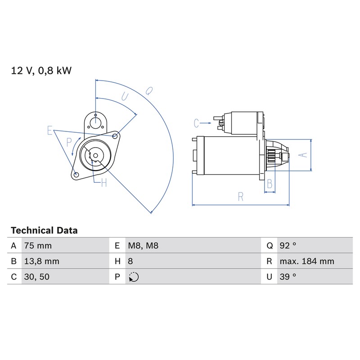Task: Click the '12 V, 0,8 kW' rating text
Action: click(x=41, y=71)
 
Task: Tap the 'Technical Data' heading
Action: click(x=44, y=230)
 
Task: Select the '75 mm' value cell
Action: click(x=38, y=246)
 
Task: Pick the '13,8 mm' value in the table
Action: click(x=41, y=261)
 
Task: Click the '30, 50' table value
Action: click(x=37, y=277)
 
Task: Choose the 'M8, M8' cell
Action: click(x=143, y=246)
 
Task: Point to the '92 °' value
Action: click(x=288, y=246)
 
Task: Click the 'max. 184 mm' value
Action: click(x=307, y=261)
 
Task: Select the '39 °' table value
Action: click(x=288, y=277)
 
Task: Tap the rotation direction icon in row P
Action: click(x=134, y=277)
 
